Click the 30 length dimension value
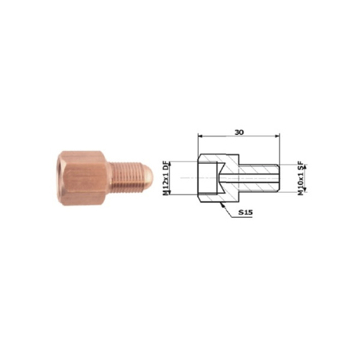click(x=239, y=132)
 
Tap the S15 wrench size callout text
click(x=245, y=212)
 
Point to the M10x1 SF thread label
click(x=301, y=179)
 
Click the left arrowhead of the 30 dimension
click(x=200, y=136)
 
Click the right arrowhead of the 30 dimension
click(x=278, y=136)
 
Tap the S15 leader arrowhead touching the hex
click(x=221, y=205)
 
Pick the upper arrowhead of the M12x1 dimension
click(x=170, y=163)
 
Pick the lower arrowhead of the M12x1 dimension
click(x=170, y=193)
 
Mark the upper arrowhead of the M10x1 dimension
click(x=305, y=167)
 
